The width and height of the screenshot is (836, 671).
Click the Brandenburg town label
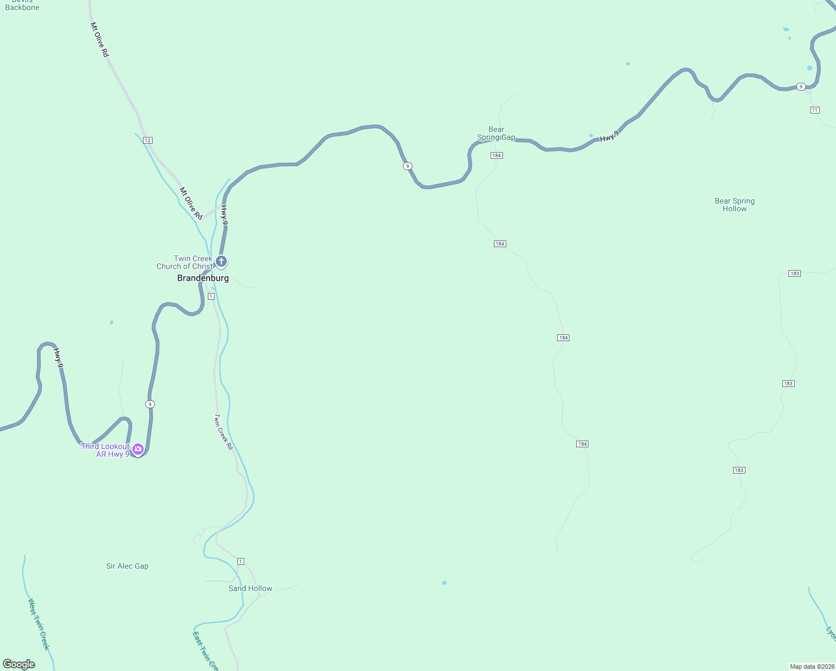[203, 278]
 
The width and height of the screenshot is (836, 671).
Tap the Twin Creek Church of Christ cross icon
[221, 261]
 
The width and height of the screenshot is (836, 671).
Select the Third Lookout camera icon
[138, 449]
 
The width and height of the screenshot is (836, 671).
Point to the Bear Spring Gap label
[496, 133]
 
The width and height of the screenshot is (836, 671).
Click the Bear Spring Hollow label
[734, 205]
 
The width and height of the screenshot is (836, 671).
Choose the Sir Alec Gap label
[127, 566]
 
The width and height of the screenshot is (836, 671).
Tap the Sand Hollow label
[250, 588]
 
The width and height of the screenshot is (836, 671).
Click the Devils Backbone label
[22, 5]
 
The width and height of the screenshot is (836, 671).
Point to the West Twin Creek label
[39, 624]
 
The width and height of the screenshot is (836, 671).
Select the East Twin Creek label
[204, 651]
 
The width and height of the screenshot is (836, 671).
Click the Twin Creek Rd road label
[224, 432]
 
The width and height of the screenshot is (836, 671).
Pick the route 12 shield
[148, 140]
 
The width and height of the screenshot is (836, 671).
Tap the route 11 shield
[815, 110]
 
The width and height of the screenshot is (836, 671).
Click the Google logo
[19, 664]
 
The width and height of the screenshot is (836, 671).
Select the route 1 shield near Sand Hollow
[241, 561]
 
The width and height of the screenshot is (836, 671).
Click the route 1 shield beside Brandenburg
[211, 296]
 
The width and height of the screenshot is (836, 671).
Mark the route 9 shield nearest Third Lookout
[150, 404]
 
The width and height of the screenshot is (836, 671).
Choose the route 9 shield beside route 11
[801, 87]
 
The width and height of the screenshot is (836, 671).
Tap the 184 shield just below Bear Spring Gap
[496, 155]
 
